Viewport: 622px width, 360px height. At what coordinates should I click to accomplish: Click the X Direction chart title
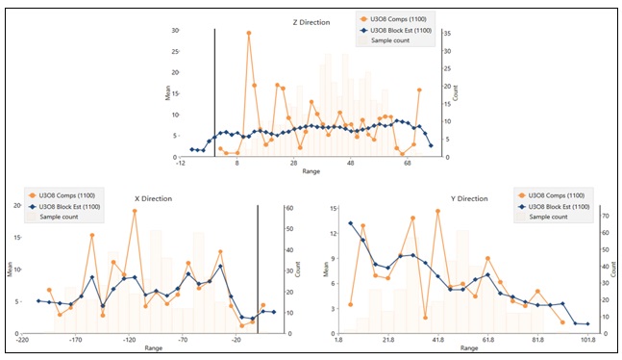153,198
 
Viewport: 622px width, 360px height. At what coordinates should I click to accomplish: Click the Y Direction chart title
470,198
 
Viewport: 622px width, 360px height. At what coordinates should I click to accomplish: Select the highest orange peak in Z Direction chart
249,33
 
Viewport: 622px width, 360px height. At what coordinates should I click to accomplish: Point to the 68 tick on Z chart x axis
408,165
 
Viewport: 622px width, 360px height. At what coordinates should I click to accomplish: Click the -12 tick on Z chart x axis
180,165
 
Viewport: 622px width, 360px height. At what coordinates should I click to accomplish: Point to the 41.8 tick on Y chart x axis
438,340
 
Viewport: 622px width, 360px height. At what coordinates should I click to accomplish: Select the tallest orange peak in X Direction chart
135,211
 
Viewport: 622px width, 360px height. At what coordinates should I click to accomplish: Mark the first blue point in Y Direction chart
351,223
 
